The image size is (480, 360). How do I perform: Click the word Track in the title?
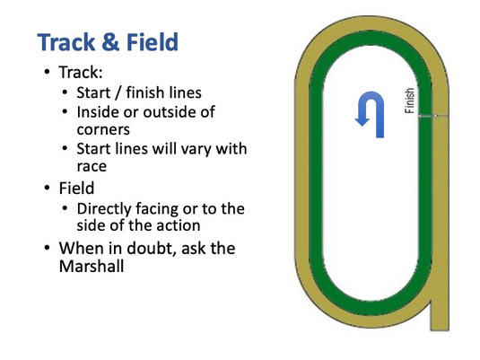click(x=66, y=42)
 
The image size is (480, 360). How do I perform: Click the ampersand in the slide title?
click(x=110, y=42)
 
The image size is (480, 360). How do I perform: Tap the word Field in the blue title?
click(x=153, y=41)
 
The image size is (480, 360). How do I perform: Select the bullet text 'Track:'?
click(x=81, y=73)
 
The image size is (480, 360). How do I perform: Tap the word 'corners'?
click(x=103, y=129)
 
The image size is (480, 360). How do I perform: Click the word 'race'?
click(x=92, y=166)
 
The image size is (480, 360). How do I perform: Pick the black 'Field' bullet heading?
click(x=76, y=188)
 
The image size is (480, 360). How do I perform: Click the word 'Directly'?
click(x=104, y=209)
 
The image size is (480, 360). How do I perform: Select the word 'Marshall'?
click(x=92, y=266)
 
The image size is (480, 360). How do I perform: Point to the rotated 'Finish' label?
click(x=410, y=101)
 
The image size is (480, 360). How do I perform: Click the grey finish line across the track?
click(x=433, y=116)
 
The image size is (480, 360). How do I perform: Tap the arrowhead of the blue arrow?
click(x=362, y=120)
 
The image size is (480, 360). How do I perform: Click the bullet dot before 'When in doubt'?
click(x=47, y=247)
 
